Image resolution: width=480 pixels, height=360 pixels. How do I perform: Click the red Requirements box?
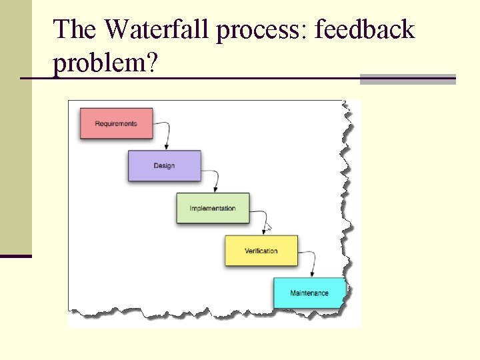point(116,123)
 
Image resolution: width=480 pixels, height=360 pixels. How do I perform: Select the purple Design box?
point(164,165)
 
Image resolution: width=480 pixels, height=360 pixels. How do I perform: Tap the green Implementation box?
point(213,208)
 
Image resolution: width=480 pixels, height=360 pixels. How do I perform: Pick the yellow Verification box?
point(261,251)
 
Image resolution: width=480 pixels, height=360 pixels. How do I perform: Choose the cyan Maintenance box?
point(309,293)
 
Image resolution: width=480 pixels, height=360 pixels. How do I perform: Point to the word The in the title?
point(75,30)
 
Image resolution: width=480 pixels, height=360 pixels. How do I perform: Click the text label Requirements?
point(116,123)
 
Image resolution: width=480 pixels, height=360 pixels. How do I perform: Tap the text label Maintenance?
point(309,293)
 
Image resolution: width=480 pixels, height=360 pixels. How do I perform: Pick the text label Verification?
point(261,251)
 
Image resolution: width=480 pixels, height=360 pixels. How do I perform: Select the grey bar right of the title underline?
point(407,79)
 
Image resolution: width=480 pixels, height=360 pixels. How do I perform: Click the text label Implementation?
point(213,208)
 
